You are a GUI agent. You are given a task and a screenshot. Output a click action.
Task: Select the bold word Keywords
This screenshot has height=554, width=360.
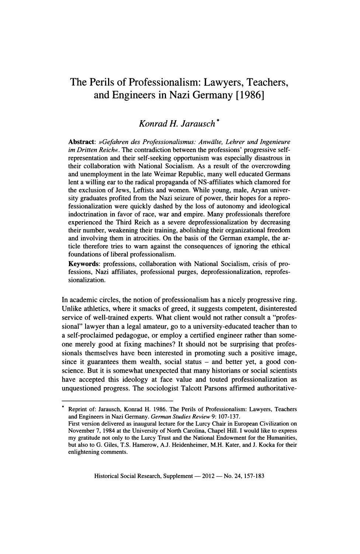point(84,264)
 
